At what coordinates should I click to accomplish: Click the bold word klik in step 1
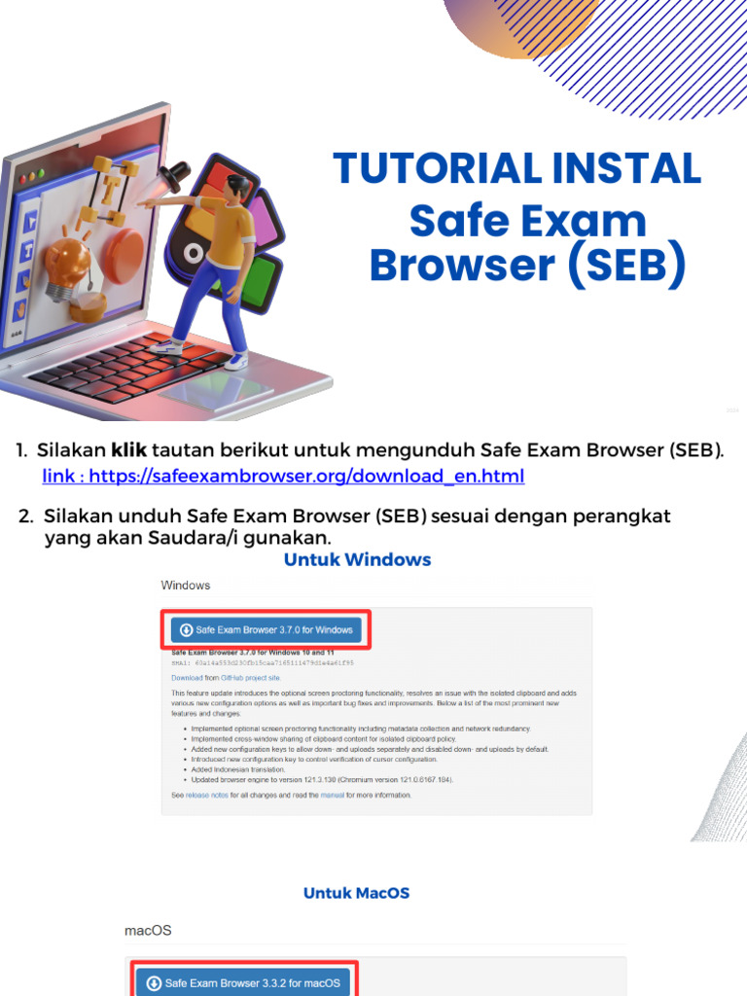pyautogui.click(x=128, y=450)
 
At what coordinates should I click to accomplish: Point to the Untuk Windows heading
pyautogui.click(x=357, y=559)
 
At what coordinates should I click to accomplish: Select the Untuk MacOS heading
pyautogui.click(x=356, y=893)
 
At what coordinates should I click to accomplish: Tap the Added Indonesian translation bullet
pyautogui.click(x=238, y=769)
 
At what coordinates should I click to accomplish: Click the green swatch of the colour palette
pyautogui.click(x=259, y=282)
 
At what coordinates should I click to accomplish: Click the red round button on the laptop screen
pyautogui.click(x=124, y=250)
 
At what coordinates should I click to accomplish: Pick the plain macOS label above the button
pyautogui.click(x=148, y=930)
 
